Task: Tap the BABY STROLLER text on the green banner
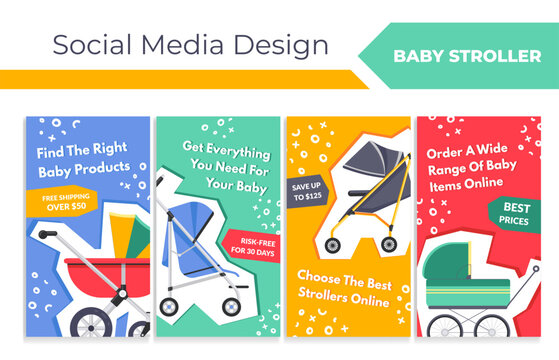467,56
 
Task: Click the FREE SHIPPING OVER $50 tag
66,204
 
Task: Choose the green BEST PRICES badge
507,212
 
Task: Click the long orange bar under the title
180,79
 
